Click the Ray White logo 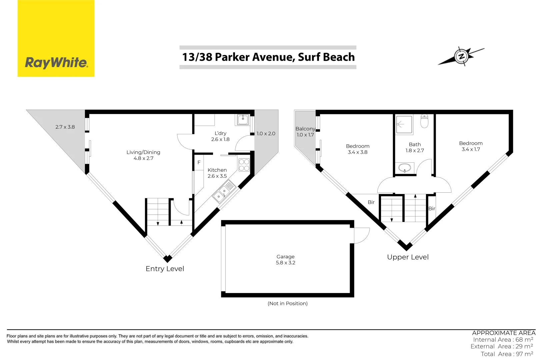[x=56, y=39]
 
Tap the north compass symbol [x=461, y=56]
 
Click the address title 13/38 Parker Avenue [x=268, y=57]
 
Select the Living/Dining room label [x=143, y=155]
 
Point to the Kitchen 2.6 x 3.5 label [x=217, y=173]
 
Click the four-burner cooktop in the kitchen [x=244, y=165]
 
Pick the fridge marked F [x=199, y=163]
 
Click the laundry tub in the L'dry [x=243, y=119]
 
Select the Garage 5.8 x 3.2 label [x=286, y=260]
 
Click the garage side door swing [x=361, y=235]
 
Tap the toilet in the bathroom [x=424, y=121]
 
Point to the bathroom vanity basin [x=405, y=168]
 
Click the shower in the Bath [x=404, y=124]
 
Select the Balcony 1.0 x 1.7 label [x=305, y=132]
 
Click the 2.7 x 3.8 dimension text [x=65, y=127]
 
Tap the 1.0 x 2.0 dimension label [x=266, y=134]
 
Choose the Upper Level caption [x=408, y=257]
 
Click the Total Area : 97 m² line [x=507, y=354]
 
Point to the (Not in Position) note [x=287, y=303]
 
